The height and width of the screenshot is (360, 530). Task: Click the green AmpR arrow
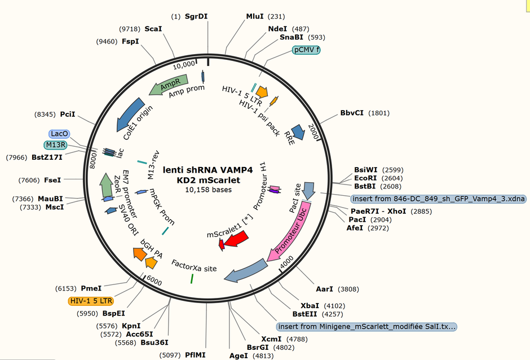[168, 84]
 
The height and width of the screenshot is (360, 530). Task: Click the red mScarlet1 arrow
[236, 240]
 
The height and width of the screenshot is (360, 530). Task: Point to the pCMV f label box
[306, 50]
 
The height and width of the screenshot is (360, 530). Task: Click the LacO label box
[60, 134]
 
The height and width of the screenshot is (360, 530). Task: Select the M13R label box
[55, 145]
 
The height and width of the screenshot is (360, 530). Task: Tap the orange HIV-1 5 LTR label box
[91, 301]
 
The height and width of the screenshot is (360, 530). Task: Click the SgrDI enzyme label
[196, 16]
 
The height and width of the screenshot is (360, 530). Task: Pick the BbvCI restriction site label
[352, 113]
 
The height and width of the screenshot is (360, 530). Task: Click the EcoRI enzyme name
[365, 178]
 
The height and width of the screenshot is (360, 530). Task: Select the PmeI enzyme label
[91, 288]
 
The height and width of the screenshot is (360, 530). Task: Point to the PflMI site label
[195, 355]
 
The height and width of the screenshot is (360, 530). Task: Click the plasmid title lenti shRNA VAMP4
[208, 170]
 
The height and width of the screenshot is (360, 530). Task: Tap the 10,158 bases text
[208, 190]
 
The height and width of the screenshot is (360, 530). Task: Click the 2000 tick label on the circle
[313, 131]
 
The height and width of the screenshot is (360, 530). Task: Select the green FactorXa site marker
[192, 278]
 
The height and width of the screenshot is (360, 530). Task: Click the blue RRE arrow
[298, 132]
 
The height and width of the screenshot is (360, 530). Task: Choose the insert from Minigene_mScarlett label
[366, 327]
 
